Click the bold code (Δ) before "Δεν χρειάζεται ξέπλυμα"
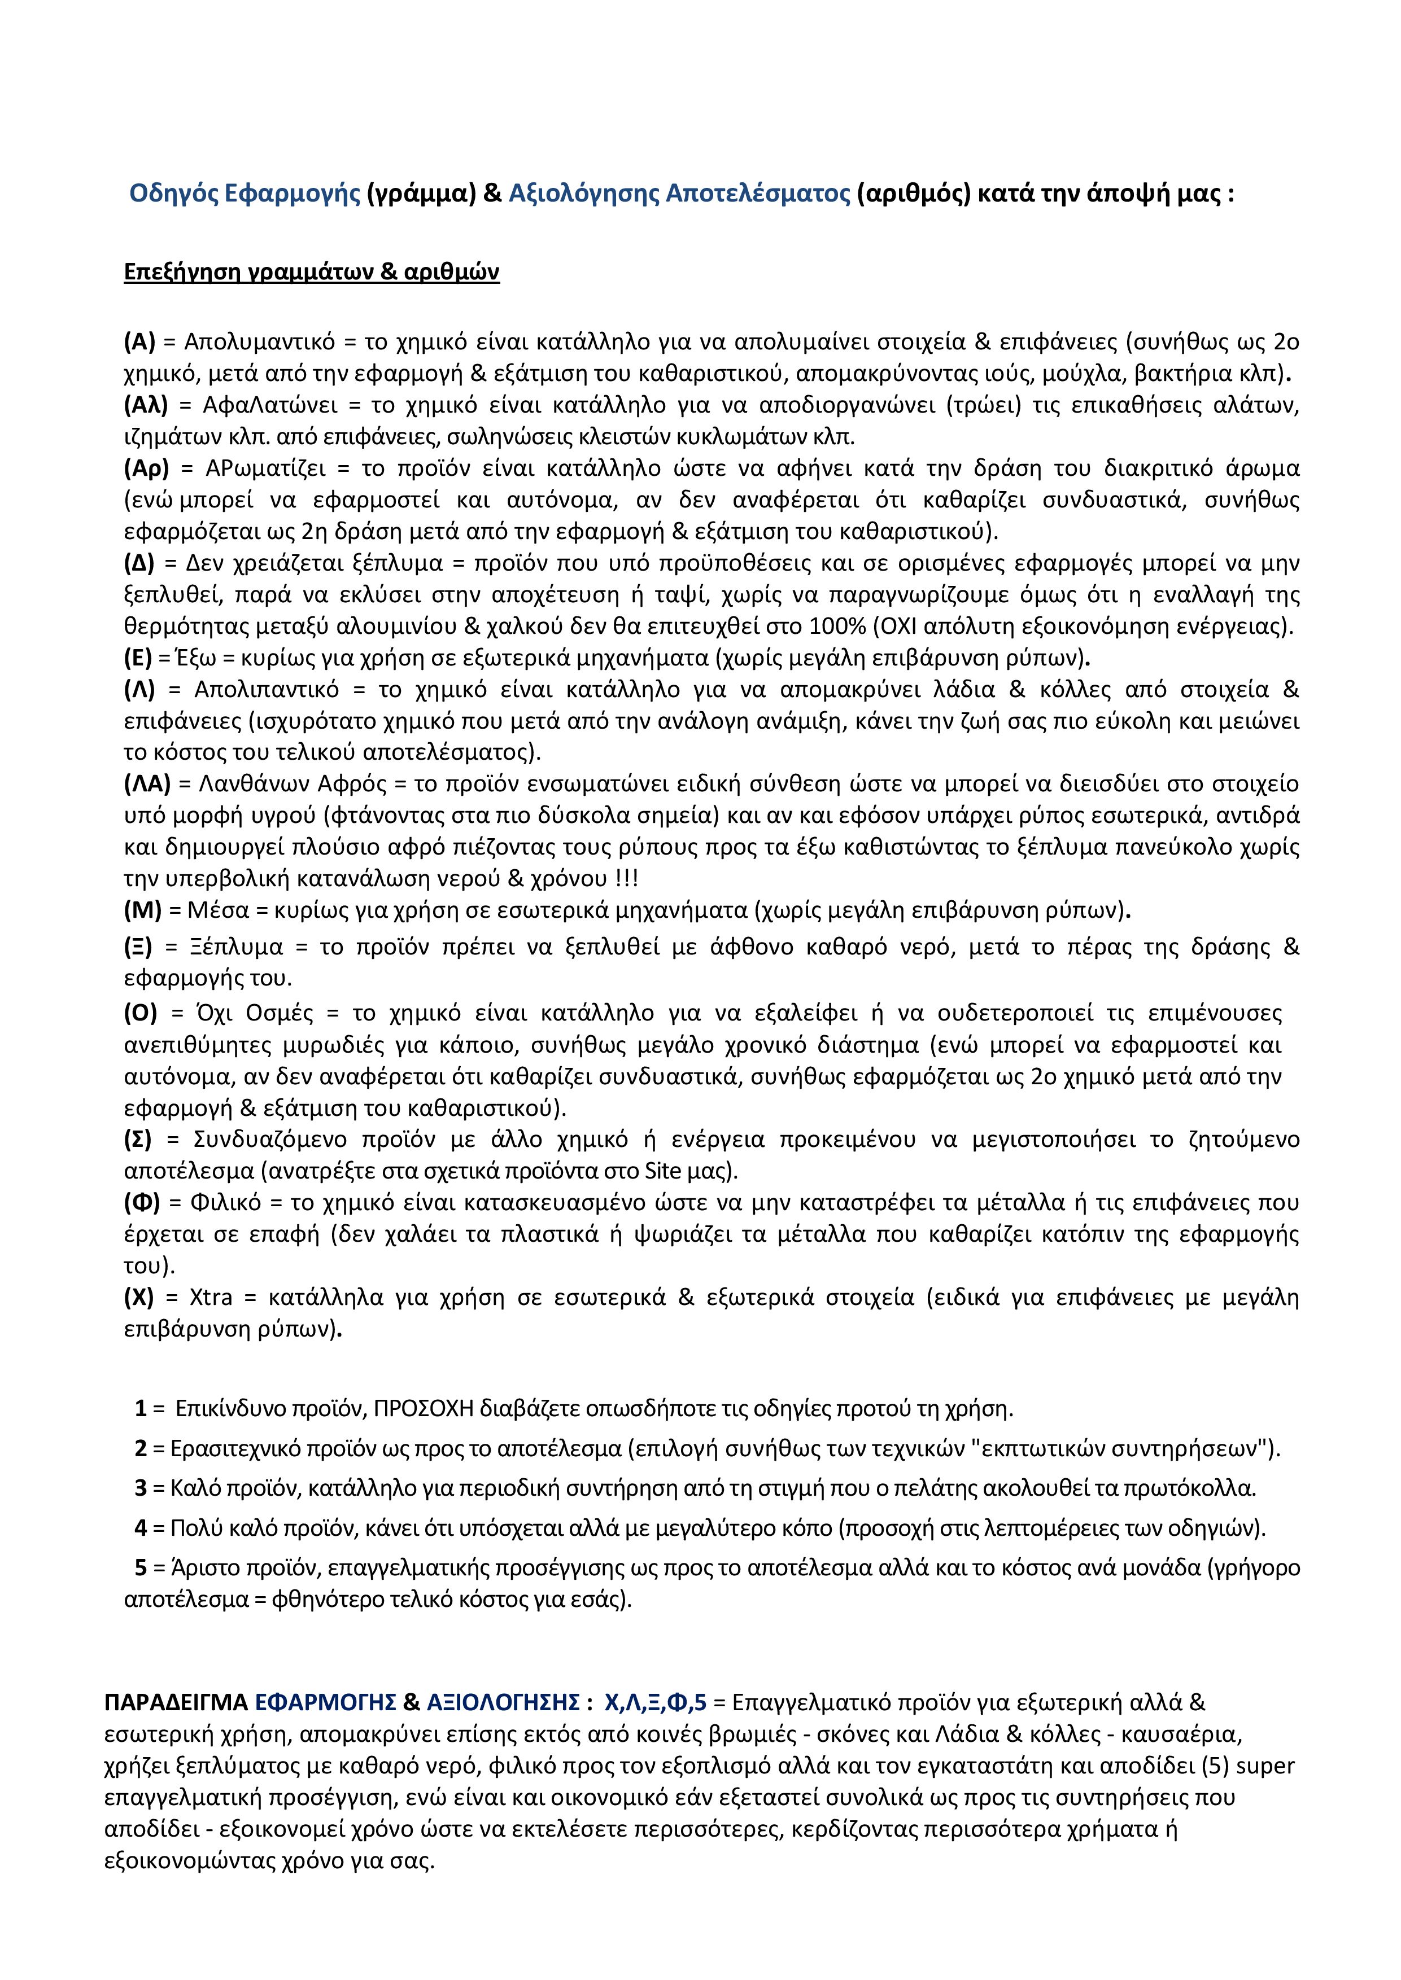pyautogui.click(x=139, y=564)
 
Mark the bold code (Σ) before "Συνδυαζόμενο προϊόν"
pyautogui.click(x=138, y=1140)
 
